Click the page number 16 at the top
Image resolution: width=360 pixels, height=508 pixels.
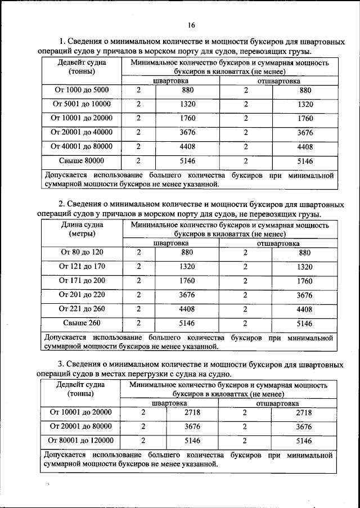pos(191,25)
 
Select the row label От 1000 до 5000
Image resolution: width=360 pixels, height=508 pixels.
pos(82,90)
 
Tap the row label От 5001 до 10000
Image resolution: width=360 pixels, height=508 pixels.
pos(82,104)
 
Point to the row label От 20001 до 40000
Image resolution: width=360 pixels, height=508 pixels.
pos(82,132)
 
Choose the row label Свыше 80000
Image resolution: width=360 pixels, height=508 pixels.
pos(82,160)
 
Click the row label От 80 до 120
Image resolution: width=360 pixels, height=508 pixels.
pos(82,253)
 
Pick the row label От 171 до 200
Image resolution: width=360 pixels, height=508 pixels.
pos(82,281)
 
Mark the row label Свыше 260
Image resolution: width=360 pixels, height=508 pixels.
pos(82,323)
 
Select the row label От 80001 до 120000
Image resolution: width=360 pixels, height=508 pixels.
pos(82,440)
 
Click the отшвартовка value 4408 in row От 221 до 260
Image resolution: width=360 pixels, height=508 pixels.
pos(304,309)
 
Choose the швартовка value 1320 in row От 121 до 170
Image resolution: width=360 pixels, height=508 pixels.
pos(188,267)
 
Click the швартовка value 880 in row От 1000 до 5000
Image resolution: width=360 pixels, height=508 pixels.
pos(188,90)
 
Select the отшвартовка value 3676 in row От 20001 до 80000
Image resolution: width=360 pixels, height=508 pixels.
pos(304,426)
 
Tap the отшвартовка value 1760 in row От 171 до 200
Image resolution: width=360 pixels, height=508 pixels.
pos(304,281)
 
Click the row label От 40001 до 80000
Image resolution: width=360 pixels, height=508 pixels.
pos(82,146)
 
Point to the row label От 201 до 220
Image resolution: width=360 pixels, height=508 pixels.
pos(82,295)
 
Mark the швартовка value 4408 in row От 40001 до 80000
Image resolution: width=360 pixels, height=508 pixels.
pos(188,146)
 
